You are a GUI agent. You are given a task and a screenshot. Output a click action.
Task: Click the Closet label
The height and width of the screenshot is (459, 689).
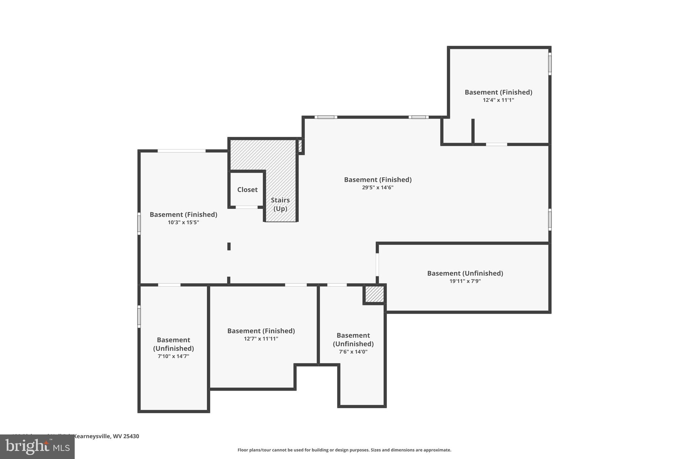[x=247, y=190]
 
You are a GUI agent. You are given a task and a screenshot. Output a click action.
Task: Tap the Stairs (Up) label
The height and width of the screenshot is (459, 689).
[x=280, y=204]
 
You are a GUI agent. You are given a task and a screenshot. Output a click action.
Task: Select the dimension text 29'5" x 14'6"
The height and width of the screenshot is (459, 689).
[x=377, y=188]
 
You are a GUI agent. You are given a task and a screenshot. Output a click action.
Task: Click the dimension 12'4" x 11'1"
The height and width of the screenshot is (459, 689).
[x=498, y=100]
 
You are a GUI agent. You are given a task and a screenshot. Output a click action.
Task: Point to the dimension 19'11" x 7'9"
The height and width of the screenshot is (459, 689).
[x=465, y=281]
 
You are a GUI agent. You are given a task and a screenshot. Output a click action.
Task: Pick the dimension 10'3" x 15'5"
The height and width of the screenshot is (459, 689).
[x=183, y=222]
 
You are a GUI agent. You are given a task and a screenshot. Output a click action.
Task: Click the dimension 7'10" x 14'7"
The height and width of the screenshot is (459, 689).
[x=173, y=356]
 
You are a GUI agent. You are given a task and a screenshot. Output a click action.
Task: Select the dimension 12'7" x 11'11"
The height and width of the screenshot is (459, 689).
[x=261, y=339]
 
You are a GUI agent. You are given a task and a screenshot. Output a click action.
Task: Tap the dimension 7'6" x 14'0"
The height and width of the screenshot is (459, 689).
[x=353, y=352]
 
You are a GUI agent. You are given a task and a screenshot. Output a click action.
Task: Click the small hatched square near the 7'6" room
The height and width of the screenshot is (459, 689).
[x=374, y=294]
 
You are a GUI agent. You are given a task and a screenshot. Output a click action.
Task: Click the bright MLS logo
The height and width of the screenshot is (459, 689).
[x=37, y=447]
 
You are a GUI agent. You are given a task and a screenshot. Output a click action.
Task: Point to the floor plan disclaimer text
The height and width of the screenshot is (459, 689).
[x=344, y=450]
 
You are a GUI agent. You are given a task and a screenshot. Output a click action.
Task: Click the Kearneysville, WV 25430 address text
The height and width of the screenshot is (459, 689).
[x=106, y=436]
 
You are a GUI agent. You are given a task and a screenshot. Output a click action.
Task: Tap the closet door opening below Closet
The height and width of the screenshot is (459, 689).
[x=246, y=207]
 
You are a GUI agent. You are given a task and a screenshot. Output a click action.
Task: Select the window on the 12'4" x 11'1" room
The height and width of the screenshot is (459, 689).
[x=550, y=64]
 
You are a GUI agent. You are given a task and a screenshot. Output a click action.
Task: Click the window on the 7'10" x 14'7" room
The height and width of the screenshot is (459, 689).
[x=139, y=316]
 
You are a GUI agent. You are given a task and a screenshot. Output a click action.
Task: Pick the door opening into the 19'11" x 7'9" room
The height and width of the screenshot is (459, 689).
[x=377, y=265]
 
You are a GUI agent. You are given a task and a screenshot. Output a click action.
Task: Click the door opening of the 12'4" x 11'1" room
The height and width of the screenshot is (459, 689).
[x=496, y=144]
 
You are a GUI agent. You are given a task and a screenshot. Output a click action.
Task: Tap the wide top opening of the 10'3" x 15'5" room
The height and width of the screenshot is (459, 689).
[x=182, y=151]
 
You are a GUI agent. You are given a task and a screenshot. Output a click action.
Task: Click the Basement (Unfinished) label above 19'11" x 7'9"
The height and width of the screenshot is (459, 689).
[x=465, y=273]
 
